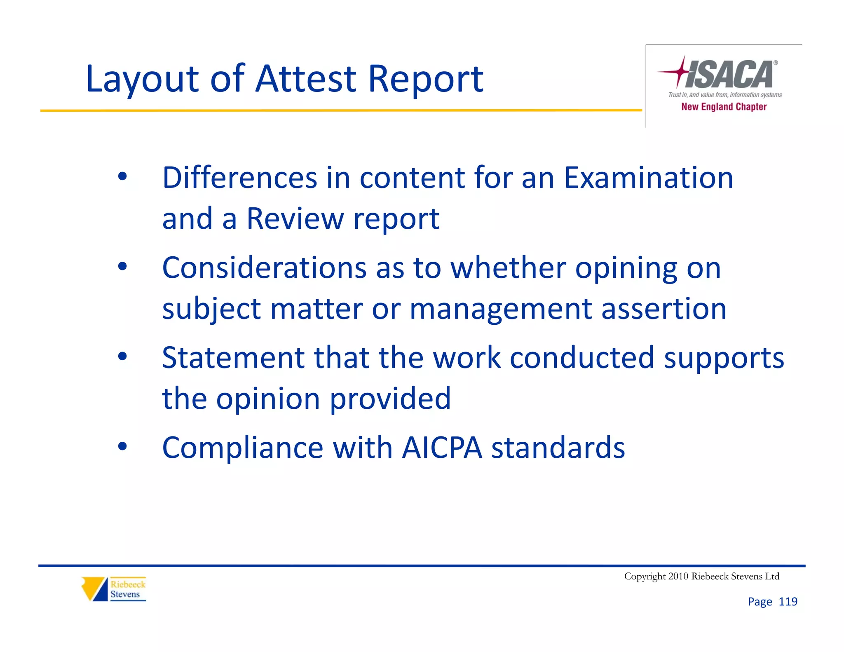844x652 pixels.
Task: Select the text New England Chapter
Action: (724, 107)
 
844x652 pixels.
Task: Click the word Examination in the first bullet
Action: (648, 178)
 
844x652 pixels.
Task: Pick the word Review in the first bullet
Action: (295, 218)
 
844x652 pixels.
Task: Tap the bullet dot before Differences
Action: (122, 176)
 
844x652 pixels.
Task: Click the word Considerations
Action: (264, 268)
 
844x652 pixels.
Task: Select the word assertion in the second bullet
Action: (663, 309)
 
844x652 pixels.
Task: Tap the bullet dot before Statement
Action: (122, 356)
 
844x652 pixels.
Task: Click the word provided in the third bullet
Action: (390, 399)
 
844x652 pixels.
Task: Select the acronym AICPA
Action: (441, 448)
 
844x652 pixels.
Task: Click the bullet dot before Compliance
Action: (122, 446)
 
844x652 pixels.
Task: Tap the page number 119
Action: (788, 602)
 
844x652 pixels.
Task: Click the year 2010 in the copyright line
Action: (678, 576)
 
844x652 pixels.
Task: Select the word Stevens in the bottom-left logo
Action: (125, 594)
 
